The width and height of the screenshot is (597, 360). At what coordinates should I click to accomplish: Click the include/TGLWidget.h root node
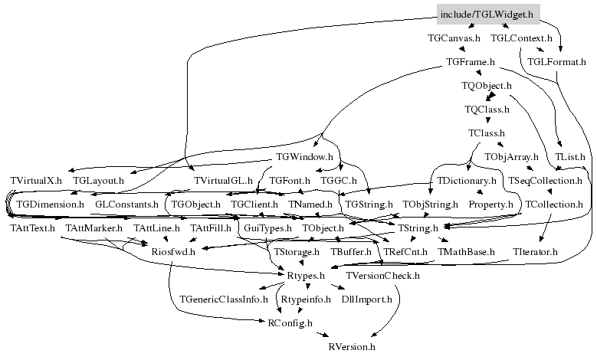tap(488, 15)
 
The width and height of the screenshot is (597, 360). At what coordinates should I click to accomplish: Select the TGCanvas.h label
tap(454, 38)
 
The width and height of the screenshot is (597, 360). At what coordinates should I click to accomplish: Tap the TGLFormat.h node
tap(556, 61)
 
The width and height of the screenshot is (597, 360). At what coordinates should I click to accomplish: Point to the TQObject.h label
tap(486, 86)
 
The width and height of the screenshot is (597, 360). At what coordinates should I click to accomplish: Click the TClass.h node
tap(486, 133)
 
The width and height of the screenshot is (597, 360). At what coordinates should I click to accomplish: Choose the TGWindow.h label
tap(304, 157)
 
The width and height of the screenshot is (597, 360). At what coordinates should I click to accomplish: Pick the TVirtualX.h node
tap(36, 180)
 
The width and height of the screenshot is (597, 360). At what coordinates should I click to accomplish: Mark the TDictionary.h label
tap(466, 180)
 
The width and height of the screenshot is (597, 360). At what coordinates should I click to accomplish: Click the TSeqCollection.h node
tap(545, 180)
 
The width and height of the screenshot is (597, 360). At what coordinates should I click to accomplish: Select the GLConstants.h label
tap(126, 205)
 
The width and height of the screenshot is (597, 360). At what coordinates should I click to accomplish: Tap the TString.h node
tap(418, 228)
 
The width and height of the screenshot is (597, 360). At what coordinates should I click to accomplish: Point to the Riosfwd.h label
tap(173, 251)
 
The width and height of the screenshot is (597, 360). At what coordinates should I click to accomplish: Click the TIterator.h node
tap(535, 251)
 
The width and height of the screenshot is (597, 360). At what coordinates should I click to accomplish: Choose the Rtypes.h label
tap(305, 276)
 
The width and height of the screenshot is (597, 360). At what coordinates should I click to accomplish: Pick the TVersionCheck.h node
tap(382, 276)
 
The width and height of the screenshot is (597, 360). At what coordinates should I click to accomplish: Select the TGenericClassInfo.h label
tap(224, 299)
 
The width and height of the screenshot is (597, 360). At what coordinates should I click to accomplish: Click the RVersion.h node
tap(352, 347)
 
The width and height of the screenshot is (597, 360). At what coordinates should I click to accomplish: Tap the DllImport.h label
tap(366, 299)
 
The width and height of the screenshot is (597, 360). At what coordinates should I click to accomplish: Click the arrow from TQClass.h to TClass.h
tap(487, 120)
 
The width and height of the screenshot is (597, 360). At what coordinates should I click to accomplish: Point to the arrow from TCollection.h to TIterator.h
tap(545, 228)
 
